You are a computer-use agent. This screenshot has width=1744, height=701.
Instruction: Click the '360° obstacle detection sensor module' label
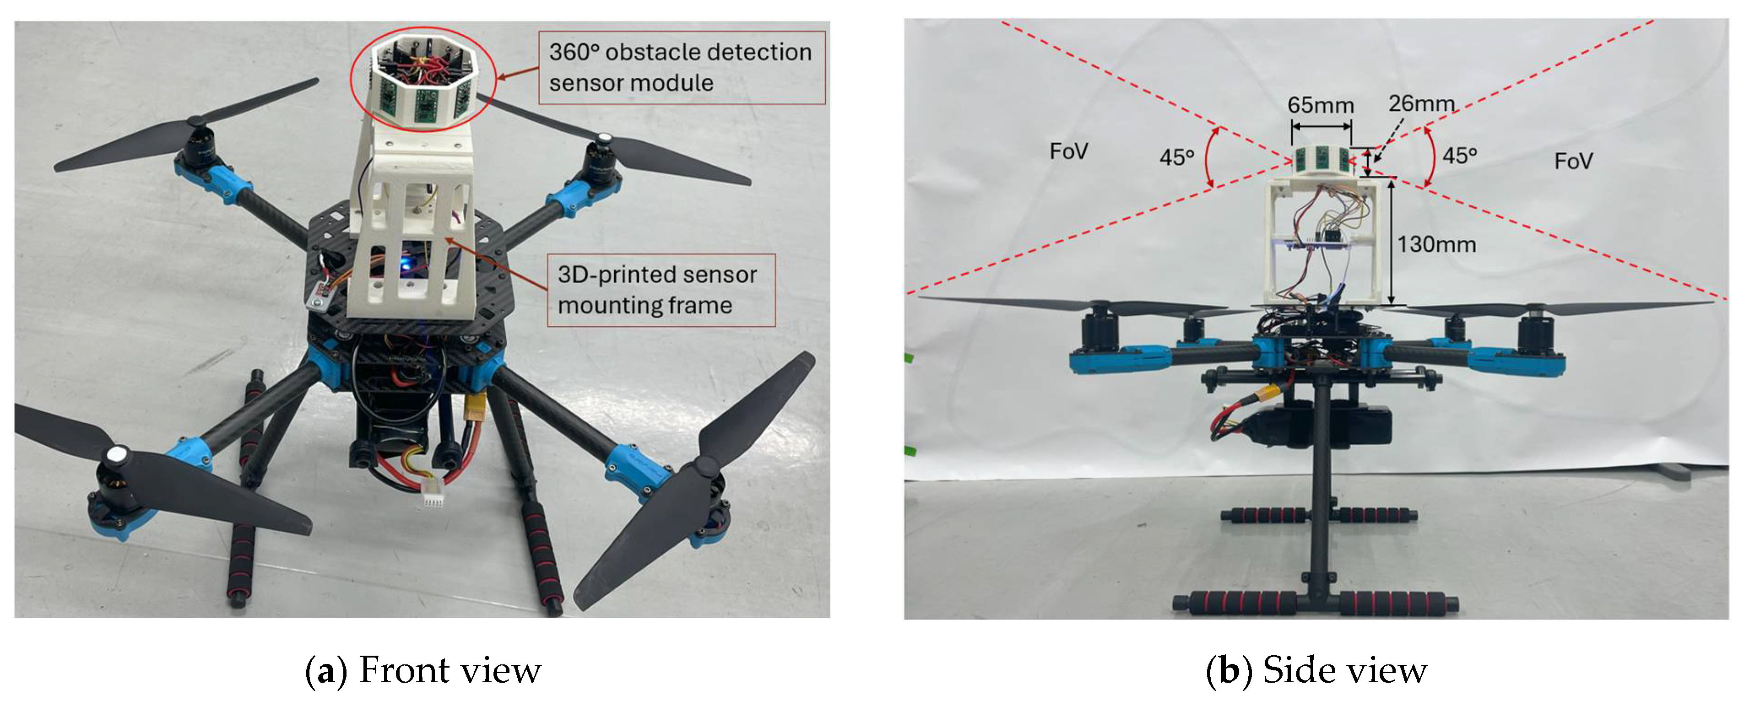click(680, 67)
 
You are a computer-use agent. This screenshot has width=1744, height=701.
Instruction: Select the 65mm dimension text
click(1320, 106)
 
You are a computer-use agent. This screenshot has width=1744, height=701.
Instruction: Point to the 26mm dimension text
click(1421, 103)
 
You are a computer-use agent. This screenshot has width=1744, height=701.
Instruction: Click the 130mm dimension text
click(1437, 244)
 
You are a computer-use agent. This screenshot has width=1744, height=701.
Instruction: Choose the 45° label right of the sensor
click(1459, 156)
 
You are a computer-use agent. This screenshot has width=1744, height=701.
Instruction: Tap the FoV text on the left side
click(1068, 151)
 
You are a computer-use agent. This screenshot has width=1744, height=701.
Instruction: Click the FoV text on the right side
click(1573, 161)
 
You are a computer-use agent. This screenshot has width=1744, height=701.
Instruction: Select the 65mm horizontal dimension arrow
click(1321, 126)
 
